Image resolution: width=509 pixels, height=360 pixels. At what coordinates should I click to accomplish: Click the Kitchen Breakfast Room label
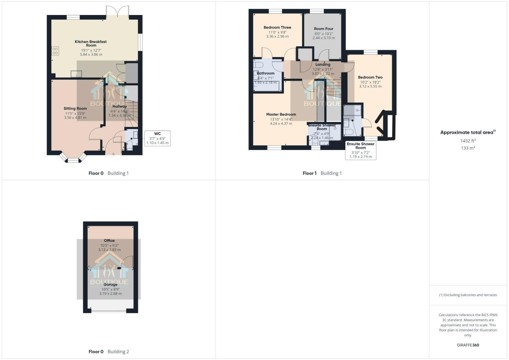point(91,43)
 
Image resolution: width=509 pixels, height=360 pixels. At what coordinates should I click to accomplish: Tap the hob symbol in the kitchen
point(55,51)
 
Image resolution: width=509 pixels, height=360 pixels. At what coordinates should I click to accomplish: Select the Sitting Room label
point(75,108)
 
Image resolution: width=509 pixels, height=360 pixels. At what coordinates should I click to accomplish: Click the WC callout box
point(157,138)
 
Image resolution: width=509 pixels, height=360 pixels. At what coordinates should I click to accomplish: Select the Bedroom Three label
point(277,27)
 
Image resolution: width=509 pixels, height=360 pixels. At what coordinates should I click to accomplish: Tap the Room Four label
point(323,29)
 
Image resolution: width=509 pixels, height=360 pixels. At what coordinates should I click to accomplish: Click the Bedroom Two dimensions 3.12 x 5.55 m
point(370,86)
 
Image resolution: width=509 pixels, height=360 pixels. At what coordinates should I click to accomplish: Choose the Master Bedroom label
point(281,114)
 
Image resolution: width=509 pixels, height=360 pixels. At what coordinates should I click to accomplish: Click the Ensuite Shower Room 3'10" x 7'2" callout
point(361,150)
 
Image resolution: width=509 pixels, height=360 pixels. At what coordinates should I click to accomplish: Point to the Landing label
point(323,64)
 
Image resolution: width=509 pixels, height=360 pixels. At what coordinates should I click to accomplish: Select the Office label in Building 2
point(109,240)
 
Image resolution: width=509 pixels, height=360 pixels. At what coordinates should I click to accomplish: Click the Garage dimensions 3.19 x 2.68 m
point(110,294)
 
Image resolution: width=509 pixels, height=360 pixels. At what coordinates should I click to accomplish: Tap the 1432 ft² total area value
point(468,141)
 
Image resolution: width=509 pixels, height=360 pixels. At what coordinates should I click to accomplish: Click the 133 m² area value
point(468,148)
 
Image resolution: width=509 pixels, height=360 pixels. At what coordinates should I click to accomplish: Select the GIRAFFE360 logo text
point(468,345)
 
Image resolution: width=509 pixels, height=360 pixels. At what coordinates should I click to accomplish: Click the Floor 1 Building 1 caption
point(322,173)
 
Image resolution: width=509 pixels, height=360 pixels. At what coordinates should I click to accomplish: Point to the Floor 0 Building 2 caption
point(109,352)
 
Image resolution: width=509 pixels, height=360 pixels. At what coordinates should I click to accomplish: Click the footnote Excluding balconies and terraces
point(468,295)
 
